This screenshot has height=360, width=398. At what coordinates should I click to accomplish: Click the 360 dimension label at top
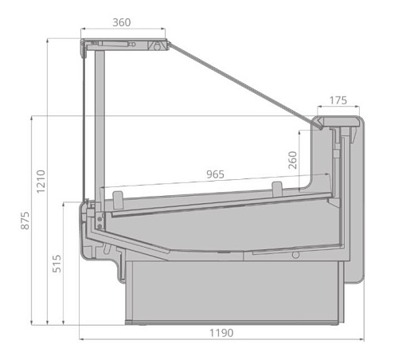tap(121, 22)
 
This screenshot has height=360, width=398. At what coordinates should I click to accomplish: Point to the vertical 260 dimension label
tap(293, 162)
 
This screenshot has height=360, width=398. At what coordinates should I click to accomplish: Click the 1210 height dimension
tap(41, 182)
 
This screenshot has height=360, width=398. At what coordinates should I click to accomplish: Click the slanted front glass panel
tap(239, 80)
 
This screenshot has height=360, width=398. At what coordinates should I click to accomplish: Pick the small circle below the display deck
tap(295, 256)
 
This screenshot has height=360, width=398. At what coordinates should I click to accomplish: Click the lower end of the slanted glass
tap(318, 125)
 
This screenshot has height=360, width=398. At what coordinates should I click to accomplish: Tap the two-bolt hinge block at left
tap(97, 218)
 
